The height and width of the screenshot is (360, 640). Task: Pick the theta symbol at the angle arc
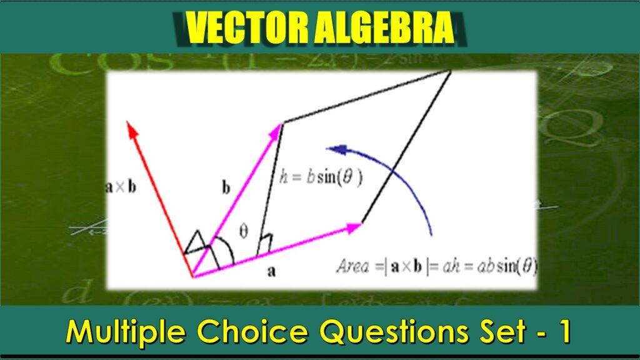pyautogui.click(x=244, y=231)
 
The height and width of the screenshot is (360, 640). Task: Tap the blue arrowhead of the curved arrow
pyautogui.click(x=335, y=149)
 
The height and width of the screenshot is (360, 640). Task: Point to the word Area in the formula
pyautogui.click(x=352, y=267)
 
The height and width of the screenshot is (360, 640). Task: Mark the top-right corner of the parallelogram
pyautogui.click(x=451, y=71)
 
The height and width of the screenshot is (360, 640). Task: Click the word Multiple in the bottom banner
pyautogui.click(x=125, y=332)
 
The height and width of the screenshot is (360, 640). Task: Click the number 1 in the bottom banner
pyautogui.click(x=564, y=332)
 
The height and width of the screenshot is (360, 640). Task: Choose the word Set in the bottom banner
pyautogui.click(x=491, y=332)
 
